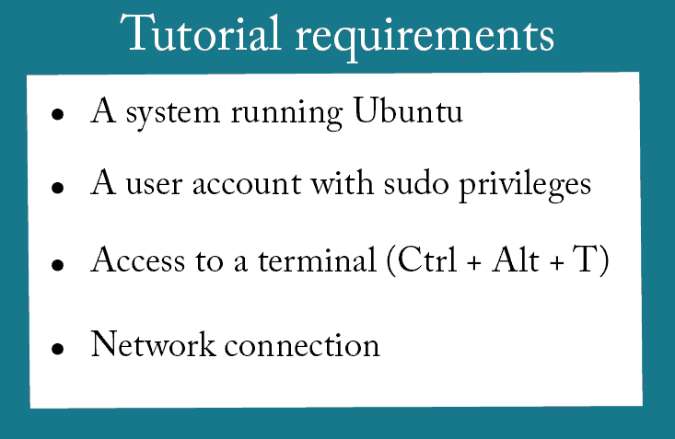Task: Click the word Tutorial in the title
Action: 200,33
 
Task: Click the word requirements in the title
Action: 425,38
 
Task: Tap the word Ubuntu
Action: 408,110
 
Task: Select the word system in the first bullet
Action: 173,114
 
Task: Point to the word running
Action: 286,114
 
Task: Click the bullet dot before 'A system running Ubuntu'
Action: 57,114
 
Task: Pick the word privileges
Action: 525,186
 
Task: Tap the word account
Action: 247,185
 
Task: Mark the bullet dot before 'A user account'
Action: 57,188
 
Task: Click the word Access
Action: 138,260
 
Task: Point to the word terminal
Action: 318,260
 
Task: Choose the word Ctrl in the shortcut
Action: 427,260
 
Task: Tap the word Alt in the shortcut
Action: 516,260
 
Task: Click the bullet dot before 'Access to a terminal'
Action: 57,265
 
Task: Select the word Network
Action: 153,344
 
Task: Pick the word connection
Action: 302,346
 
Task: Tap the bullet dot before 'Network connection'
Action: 57,348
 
